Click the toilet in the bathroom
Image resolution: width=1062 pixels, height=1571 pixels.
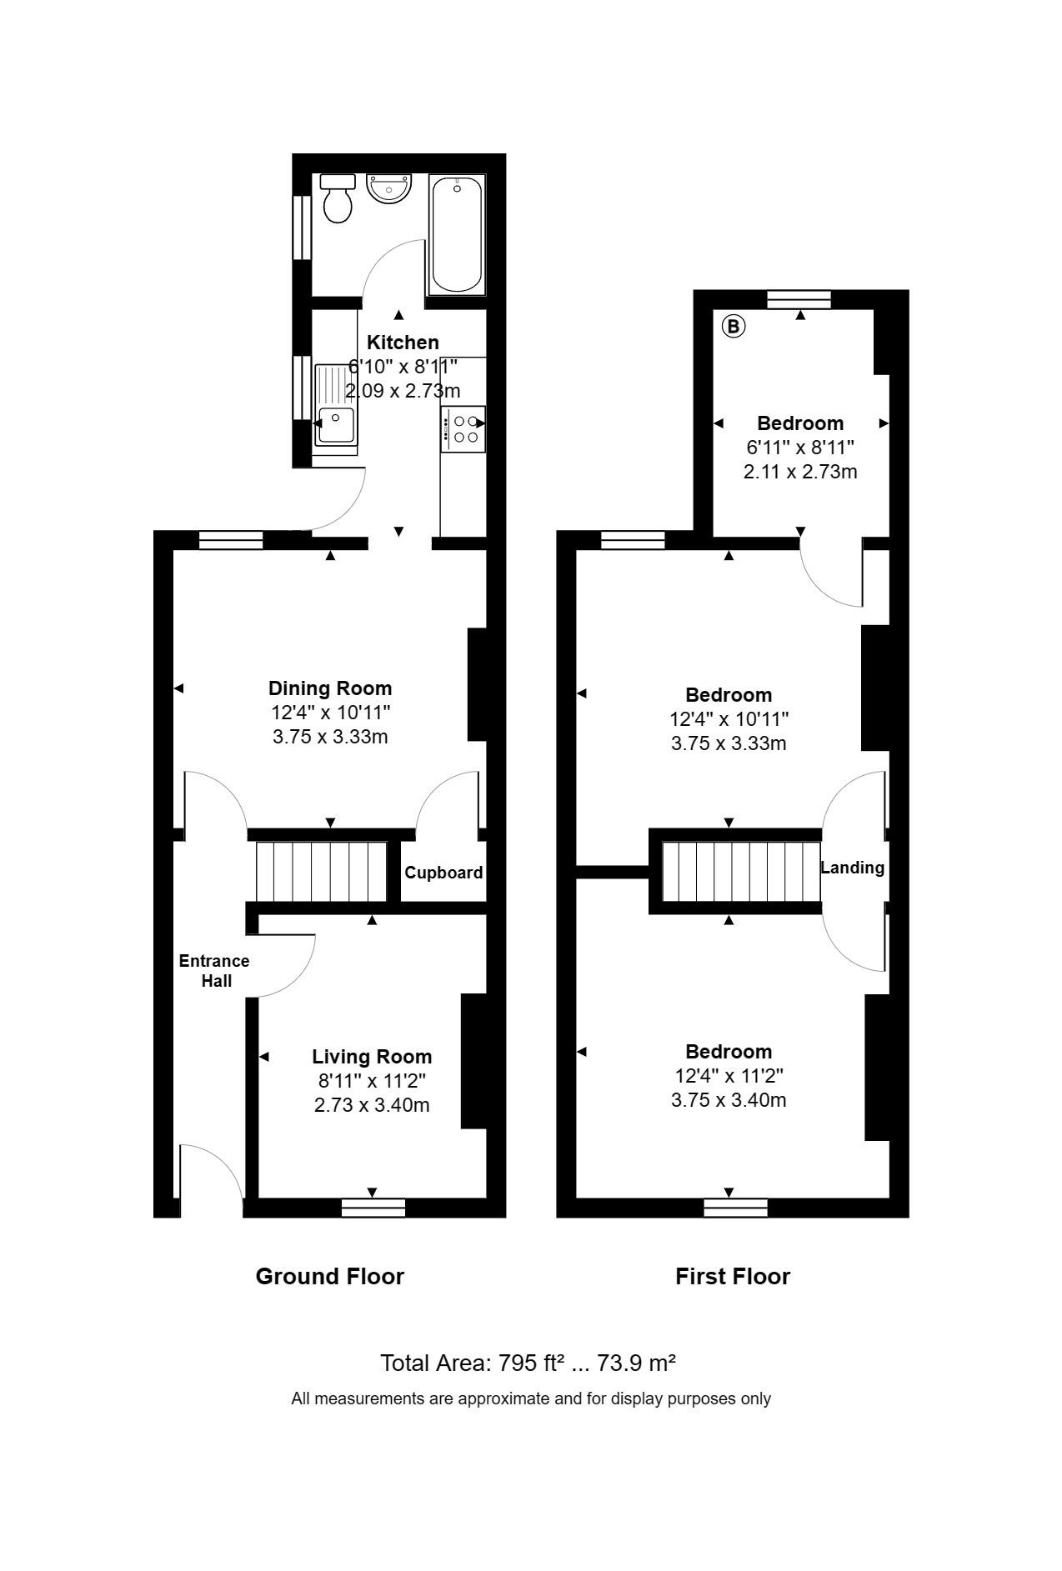[x=338, y=198]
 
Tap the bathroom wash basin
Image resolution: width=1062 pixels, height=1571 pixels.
[x=388, y=188]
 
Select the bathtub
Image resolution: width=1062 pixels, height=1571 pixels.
[x=456, y=234]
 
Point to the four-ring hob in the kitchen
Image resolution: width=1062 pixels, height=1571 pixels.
[x=463, y=428]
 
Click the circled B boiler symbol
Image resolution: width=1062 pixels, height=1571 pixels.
[x=734, y=326]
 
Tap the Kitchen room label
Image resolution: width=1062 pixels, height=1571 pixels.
[x=403, y=343]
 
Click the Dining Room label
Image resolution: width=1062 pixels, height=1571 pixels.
[x=330, y=688]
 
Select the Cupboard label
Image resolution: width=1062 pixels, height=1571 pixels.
[x=443, y=873]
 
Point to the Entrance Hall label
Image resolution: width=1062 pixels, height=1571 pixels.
[x=214, y=971]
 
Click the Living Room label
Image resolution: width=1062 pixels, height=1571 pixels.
[x=372, y=1057]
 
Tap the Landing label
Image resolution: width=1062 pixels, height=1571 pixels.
[x=852, y=868]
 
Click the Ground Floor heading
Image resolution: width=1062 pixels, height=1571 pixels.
[x=329, y=1277]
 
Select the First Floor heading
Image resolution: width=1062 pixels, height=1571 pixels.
[x=733, y=1277]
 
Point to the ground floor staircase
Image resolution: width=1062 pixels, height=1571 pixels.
[x=321, y=872]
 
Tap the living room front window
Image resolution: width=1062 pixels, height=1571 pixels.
[x=373, y=1208]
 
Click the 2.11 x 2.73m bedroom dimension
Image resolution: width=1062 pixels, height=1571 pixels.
[x=800, y=472]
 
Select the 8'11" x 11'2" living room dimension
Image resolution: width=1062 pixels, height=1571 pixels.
[x=372, y=1082]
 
